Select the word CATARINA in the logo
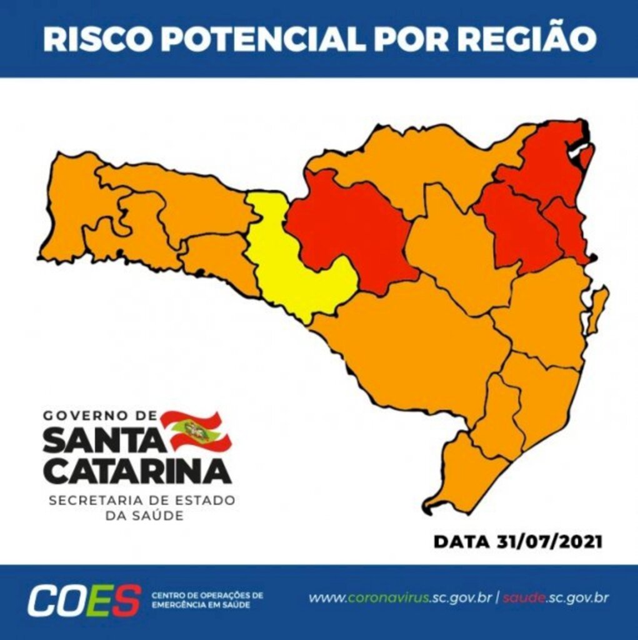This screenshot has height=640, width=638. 137,471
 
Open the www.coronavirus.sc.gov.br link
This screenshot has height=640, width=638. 401,598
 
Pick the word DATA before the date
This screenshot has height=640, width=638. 459,541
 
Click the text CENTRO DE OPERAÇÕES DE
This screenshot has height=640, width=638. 207,594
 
